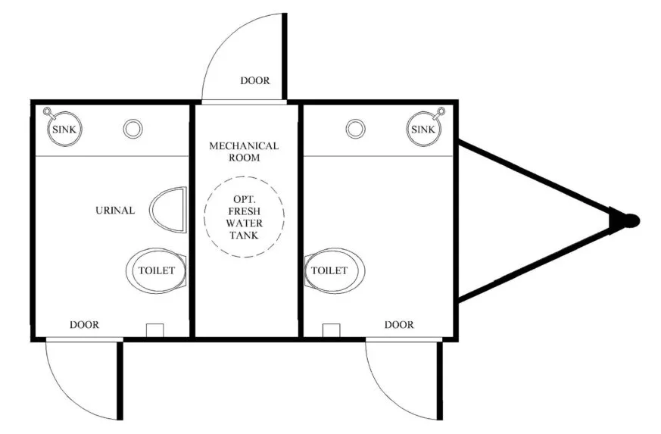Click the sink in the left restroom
(x=64, y=129)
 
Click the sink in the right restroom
(x=424, y=129)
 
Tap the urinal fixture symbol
(x=168, y=210)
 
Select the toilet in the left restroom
(x=157, y=270)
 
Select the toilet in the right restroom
(x=335, y=270)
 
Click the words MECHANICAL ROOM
(x=244, y=151)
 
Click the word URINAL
(x=115, y=210)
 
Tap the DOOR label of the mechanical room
(x=255, y=80)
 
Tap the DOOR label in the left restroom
(x=84, y=324)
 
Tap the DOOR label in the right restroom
(x=399, y=324)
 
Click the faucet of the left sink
(x=47, y=112)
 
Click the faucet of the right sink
(x=441, y=112)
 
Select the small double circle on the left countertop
(x=133, y=129)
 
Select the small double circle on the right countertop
(x=355, y=129)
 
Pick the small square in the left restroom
(x=154, y=330)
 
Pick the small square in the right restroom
(x=331, y=330)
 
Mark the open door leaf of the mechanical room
(x=285, y=57)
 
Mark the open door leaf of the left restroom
(x=120, y=381)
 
